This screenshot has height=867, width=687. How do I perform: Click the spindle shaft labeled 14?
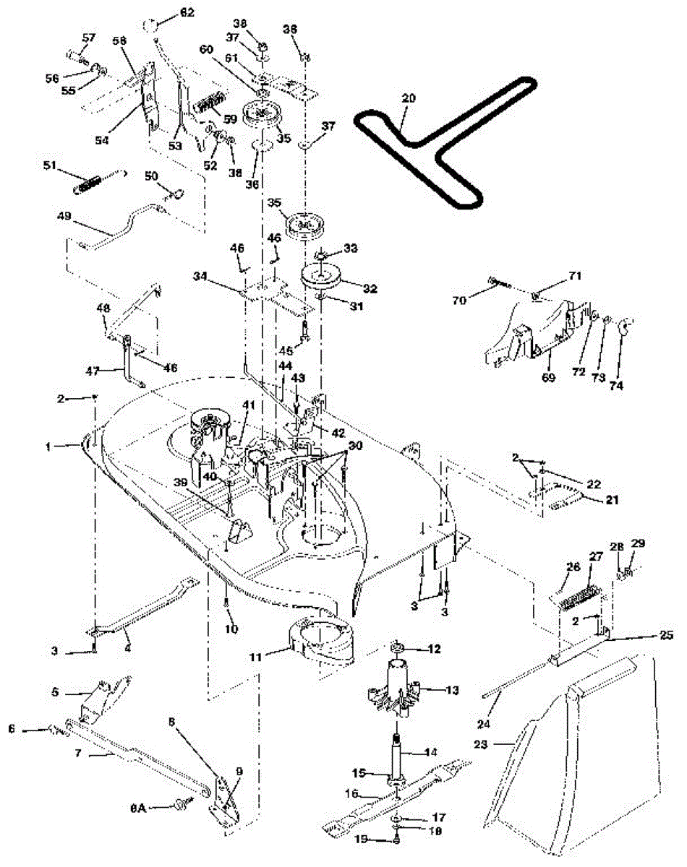point(398,751)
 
